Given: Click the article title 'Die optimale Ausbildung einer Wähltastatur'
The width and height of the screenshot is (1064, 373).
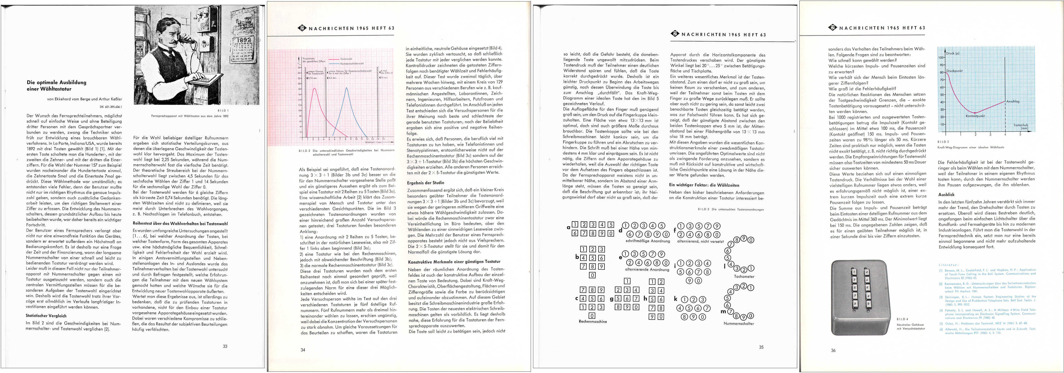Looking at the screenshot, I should pos(57,85).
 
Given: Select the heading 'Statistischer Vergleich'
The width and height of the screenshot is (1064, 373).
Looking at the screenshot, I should pos(46,316).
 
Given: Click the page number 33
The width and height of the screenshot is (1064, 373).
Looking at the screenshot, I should pos(225,346).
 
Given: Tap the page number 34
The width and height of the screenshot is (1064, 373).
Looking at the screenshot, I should pos(303,350).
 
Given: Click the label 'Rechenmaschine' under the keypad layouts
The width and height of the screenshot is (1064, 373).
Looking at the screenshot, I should pos(593,321).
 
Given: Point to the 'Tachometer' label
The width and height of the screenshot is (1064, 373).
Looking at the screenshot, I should pos(744,276).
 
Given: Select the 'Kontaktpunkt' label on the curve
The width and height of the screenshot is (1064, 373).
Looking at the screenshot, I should pos(975,116).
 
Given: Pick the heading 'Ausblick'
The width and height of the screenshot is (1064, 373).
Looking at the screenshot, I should pos(946,194).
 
